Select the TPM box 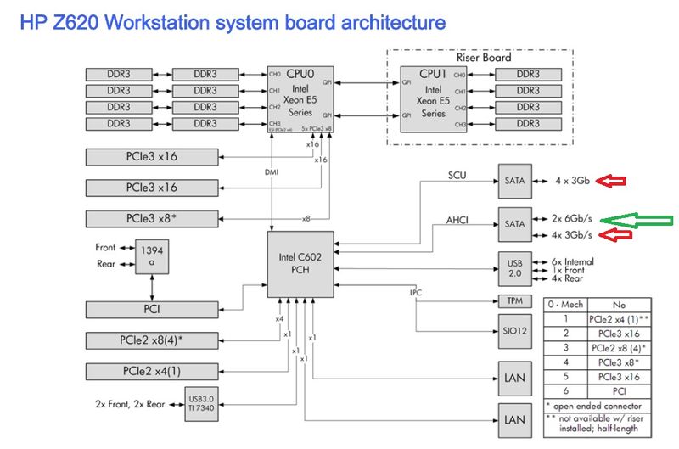coord(515,301)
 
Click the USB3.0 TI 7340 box coord(204,403)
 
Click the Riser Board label coord(484,59)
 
